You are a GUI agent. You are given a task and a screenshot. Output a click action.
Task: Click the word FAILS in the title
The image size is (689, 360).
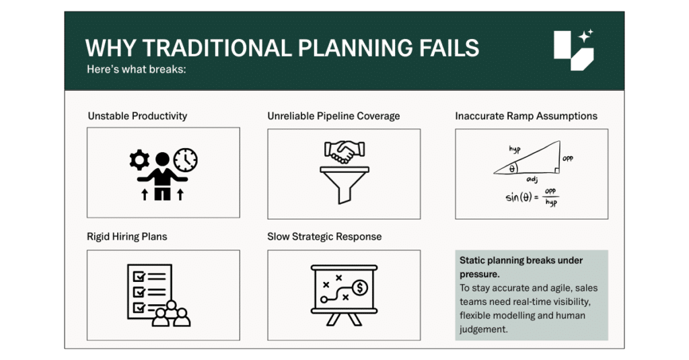pos(448,48)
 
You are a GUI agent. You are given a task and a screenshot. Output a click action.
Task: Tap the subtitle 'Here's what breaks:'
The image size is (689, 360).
pos(136,69)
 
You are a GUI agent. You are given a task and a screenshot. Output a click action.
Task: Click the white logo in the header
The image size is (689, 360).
pos(573,50)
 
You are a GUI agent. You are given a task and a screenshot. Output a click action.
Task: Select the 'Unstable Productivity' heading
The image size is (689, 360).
pos(137,116)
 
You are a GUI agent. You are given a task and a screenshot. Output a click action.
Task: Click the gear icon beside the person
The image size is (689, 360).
pos(139,159)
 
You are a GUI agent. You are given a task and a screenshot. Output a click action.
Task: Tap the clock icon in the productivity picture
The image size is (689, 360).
pos(186,159)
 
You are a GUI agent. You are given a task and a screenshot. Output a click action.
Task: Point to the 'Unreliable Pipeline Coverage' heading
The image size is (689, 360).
pos(334,116)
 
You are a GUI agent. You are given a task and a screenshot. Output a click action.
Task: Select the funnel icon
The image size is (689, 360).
pos(344,185)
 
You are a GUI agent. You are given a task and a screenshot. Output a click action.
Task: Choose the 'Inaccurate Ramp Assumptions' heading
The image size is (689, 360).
pos(526,116)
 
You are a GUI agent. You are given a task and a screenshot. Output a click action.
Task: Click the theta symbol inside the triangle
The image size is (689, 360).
pos(511,169)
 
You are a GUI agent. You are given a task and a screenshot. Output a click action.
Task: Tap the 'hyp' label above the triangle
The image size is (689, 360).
pos(515,149)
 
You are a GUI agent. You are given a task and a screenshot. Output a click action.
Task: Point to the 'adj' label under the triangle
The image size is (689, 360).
pos(532,180)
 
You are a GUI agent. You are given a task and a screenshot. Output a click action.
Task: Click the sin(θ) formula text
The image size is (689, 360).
pos(532,197)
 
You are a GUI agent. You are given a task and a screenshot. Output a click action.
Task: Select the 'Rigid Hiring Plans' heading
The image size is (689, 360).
pos(127,236)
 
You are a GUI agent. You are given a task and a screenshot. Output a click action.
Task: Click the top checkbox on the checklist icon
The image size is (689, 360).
pos(139,277)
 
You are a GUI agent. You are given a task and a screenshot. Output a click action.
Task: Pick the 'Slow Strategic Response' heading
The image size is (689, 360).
pos(324,236)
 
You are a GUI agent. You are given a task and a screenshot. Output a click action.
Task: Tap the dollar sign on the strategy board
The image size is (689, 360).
pos(361,288)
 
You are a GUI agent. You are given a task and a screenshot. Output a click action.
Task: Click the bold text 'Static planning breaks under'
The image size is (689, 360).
pos(521,260)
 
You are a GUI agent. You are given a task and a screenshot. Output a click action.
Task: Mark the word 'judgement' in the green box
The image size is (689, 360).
pos(483,329)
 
